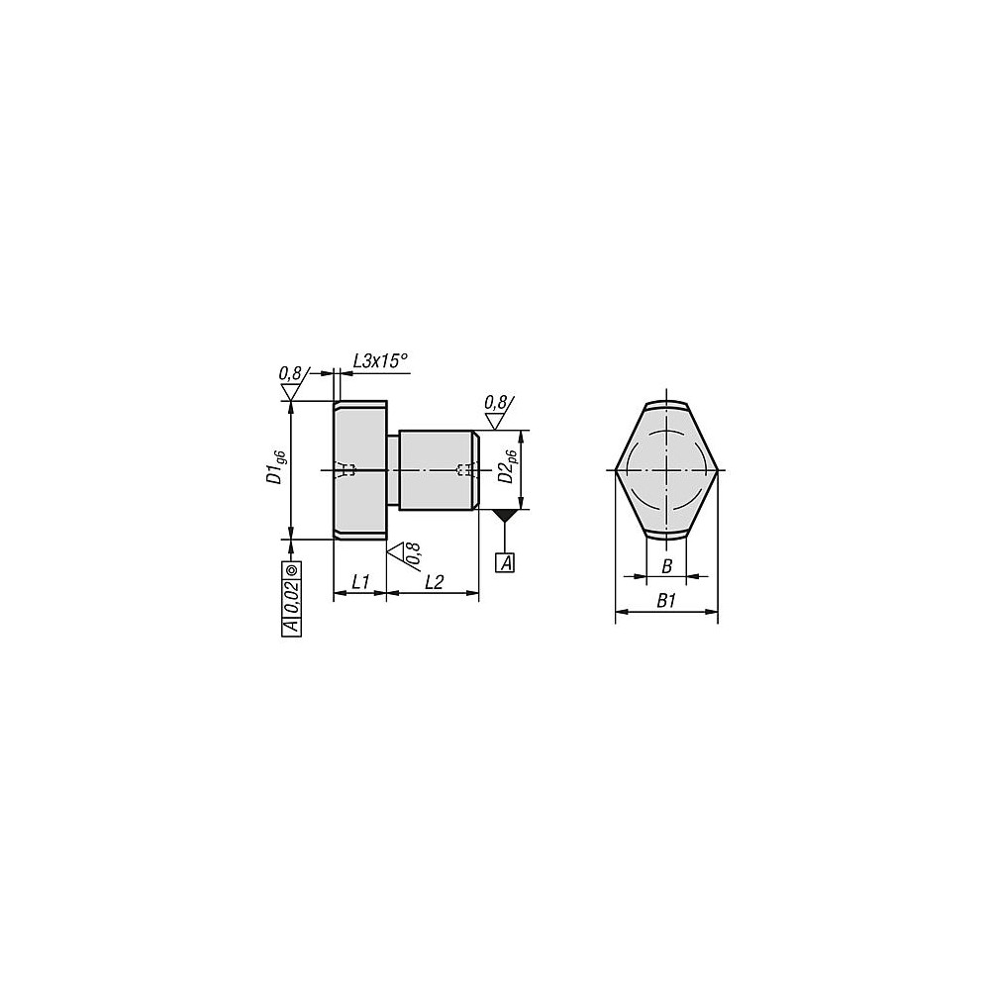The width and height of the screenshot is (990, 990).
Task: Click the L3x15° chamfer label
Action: tap(380, 362)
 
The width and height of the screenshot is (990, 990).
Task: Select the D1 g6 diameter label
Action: tap(278, 466)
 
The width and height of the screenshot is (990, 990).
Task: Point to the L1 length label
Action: tap(359, 582)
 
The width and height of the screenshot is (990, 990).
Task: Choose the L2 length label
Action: tap(434, 582)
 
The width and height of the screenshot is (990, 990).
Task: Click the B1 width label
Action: tap(666, 600)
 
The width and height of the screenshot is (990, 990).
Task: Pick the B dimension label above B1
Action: tap(666, 565)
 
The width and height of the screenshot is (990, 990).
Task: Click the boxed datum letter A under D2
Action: tap(506, 563)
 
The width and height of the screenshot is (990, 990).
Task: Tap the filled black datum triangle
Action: tap(506, 515)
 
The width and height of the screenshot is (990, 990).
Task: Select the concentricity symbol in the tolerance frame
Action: tap(292, 570)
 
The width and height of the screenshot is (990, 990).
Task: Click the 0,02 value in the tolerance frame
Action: tap(292, 597)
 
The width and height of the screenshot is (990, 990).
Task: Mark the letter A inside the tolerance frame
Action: tap(292, 625)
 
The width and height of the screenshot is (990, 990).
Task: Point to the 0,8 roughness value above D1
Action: tap(290, 373)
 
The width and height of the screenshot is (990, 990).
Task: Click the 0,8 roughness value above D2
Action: tap(496, 402)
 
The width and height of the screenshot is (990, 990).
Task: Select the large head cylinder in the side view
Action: tap(359, 470)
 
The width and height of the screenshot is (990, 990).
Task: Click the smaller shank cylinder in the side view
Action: tap(436, 470)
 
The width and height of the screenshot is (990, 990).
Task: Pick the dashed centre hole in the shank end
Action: tap(460, 470)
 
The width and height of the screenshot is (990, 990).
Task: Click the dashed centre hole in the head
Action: tap(346, 470)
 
